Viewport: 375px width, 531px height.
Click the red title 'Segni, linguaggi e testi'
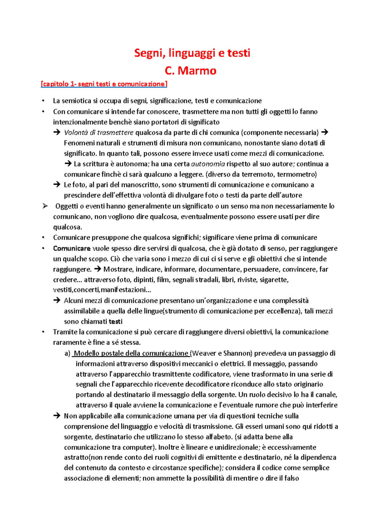[192, 53]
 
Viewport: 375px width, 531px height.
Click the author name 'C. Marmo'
[190, 71]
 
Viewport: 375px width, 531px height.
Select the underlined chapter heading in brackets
[104, 84]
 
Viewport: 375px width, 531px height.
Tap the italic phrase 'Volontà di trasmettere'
[98, 133]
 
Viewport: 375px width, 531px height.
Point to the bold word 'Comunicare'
[72, 248]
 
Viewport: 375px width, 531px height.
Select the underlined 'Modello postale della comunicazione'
[131, 353]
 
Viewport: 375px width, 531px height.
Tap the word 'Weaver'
[203, 353]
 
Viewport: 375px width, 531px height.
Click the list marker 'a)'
[67, 353]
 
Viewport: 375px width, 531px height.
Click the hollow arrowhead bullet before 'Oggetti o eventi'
[45, 206]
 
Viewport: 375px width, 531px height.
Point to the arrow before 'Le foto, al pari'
[57, 185]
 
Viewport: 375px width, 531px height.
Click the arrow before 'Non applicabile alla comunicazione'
[57, 416]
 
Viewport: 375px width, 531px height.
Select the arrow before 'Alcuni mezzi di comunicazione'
[57, 301]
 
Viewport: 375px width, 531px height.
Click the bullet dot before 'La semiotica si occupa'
[43, 101]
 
